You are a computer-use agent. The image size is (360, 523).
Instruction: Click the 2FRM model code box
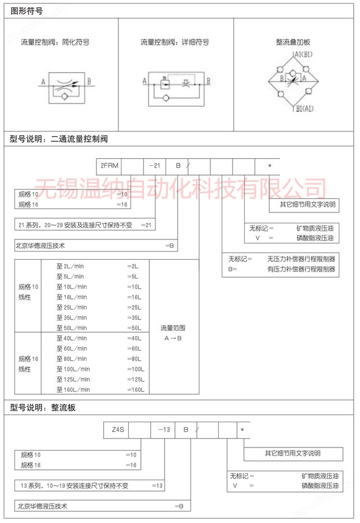(108, 166)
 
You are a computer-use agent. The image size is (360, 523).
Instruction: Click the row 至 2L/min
(71, 266)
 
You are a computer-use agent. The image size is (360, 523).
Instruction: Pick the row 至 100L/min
(73, 369)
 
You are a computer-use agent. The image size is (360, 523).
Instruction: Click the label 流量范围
(173, 328)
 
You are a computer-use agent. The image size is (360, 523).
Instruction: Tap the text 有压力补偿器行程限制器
(301, 269)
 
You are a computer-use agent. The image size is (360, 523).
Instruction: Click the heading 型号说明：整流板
(43, 408)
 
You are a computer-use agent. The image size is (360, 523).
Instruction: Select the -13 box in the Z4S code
(163, 429)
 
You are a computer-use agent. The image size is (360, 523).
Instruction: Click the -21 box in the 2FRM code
(155, 166)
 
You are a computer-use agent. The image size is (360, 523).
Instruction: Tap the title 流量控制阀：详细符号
(175, 42)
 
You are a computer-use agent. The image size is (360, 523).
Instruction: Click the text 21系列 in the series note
(28, 225)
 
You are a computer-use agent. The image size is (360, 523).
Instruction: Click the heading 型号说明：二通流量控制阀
(59, 139)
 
